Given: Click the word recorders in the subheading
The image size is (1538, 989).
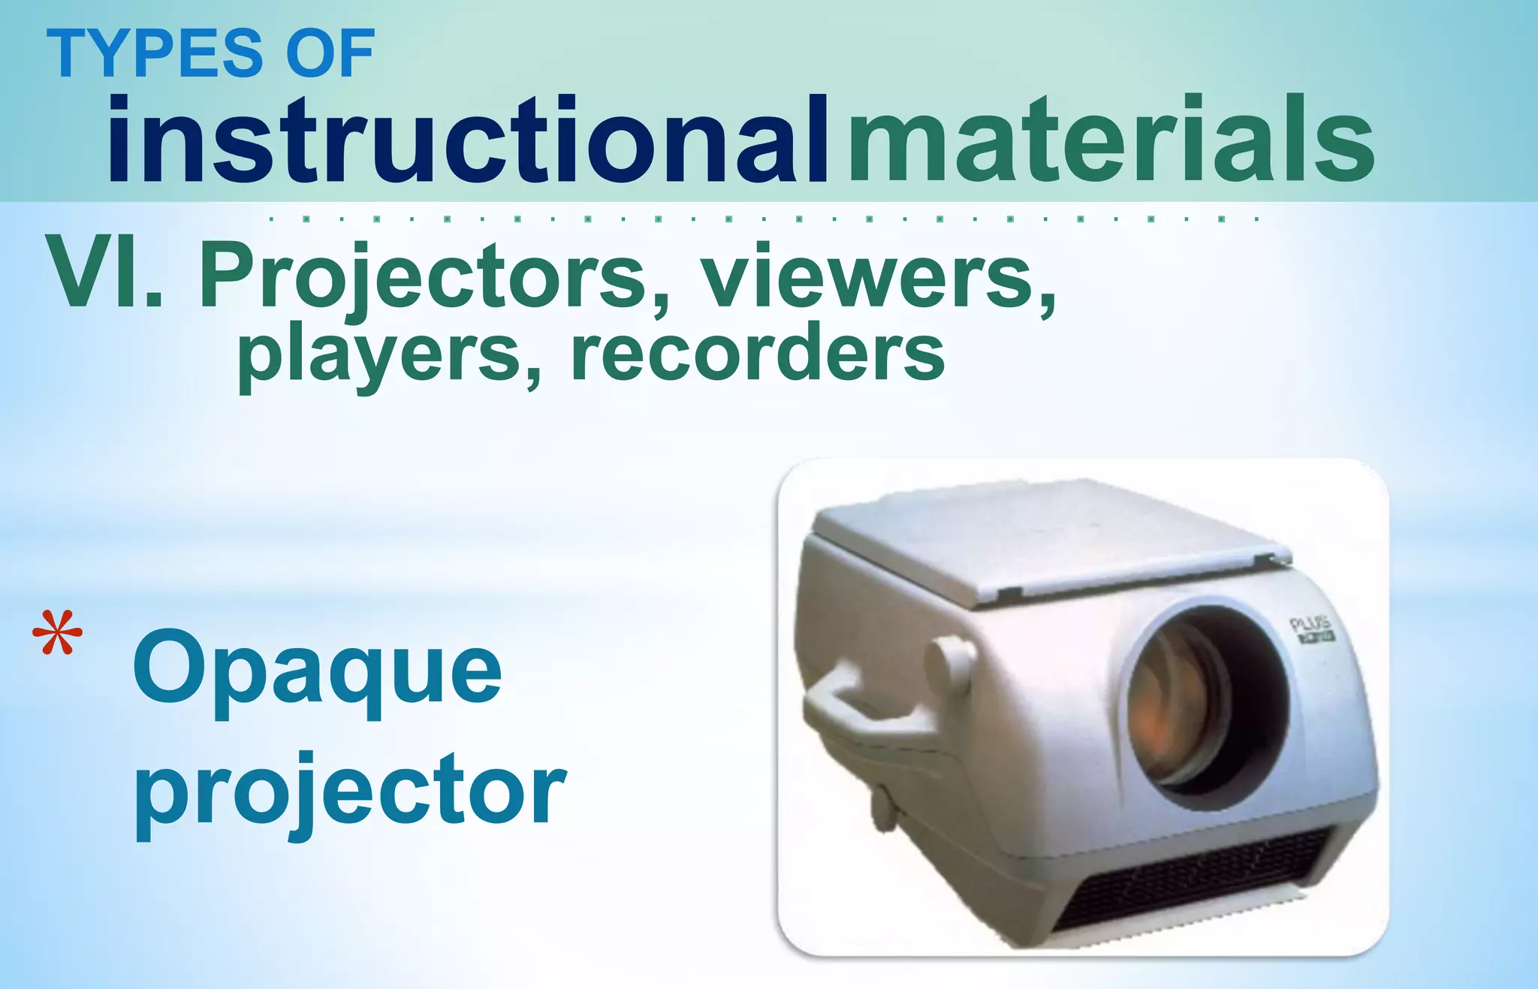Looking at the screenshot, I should point(757,354).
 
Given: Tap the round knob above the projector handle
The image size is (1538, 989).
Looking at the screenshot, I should point(949,664).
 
